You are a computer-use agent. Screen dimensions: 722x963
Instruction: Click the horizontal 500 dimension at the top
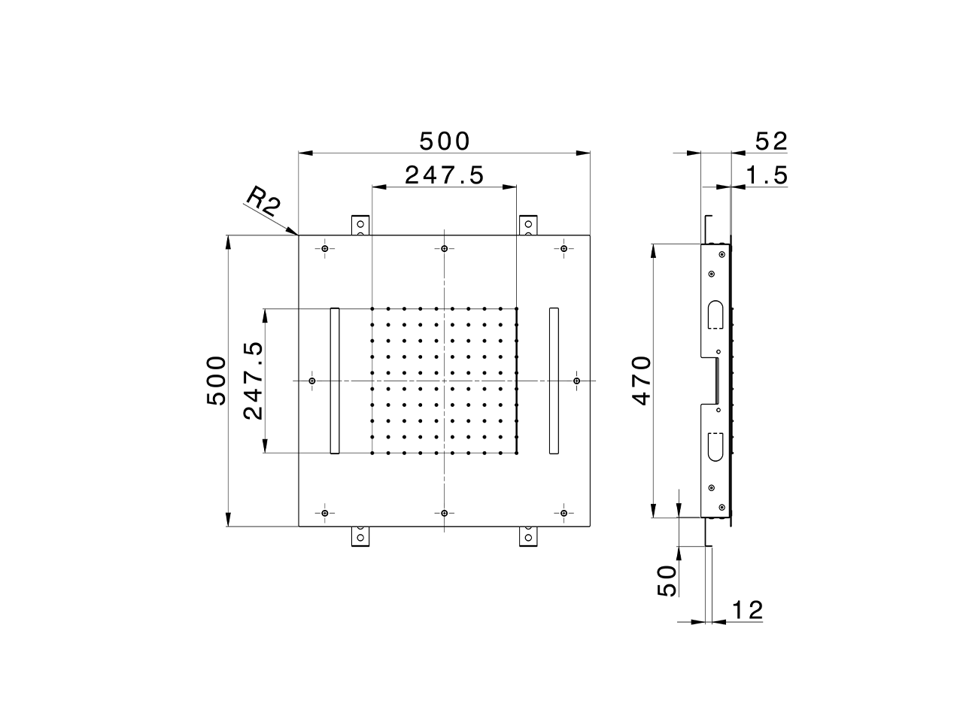444,141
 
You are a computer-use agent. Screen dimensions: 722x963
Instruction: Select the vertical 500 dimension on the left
217,381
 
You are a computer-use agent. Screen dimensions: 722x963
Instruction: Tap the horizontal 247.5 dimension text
444,175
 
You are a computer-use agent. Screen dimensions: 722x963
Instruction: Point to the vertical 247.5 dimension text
253,381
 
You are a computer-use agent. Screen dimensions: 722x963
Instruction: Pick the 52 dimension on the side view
770,141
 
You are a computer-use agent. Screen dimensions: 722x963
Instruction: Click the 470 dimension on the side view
642,381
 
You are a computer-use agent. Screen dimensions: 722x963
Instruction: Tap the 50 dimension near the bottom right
667,581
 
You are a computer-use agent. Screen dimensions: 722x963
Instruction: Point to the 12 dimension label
746,611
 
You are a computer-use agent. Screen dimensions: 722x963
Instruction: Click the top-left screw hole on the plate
325,249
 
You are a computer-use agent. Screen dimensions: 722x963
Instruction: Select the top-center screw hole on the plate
445,249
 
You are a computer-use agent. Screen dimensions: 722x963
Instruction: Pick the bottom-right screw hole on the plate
564,513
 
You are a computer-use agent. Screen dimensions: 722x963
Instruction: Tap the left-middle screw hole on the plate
313,381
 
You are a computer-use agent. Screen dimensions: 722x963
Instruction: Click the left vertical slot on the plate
335,381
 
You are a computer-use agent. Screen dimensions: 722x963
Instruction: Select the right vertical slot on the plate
554,381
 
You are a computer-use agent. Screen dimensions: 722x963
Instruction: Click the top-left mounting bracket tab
360,225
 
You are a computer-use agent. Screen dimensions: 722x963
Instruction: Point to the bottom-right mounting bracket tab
529,536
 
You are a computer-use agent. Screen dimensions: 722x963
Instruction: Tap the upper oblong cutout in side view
716,315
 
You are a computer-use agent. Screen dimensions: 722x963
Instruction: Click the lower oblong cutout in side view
716,446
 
